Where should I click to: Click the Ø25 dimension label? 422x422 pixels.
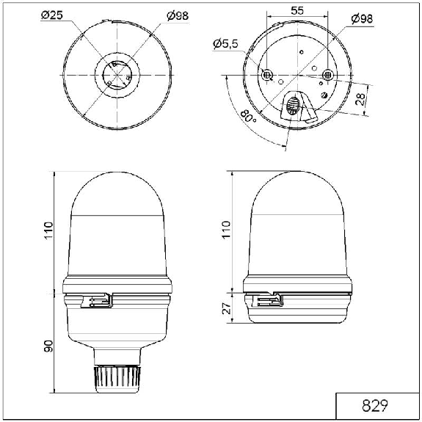click(x=52, y=15)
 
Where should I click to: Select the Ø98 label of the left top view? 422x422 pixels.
click(x=178, y=16)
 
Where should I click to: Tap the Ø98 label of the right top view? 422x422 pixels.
click(x=363, y=19)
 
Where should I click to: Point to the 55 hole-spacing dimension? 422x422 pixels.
click(x=297, y=10)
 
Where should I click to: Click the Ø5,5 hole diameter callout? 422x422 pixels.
click(x=226, y=43)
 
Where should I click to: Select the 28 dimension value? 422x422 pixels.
click(x=360, y=99)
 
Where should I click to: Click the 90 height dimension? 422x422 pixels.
click(x=48, y=346)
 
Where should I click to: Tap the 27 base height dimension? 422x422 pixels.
click(x=227, y=308)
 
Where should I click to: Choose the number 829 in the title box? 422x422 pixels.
click(x=375, y=406)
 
